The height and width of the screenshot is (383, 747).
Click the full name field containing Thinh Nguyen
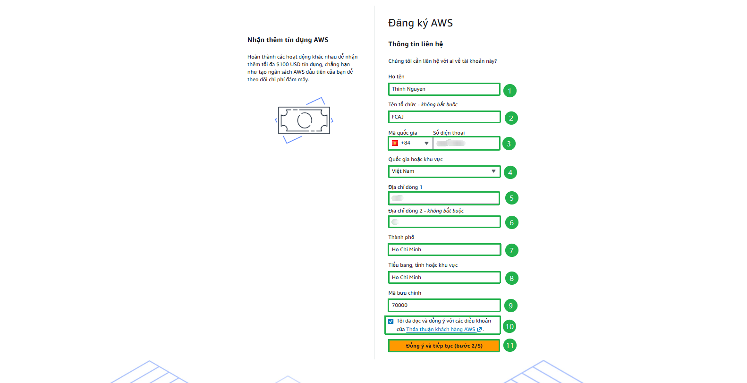[443, 89]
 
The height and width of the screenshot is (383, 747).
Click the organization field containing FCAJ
[443, 117]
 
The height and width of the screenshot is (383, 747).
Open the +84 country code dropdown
[410, 143]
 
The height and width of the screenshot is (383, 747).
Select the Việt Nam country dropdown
[443, 171]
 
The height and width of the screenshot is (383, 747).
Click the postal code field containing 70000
[443, 306]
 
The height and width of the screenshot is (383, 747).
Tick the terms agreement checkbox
[391, 322]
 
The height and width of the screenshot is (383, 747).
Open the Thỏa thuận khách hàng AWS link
[441, 330]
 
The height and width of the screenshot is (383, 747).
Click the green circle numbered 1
[509, 91]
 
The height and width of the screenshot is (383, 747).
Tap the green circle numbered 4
[510, 172]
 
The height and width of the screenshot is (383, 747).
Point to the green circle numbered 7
[511, 250]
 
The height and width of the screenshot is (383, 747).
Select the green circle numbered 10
[509, 326]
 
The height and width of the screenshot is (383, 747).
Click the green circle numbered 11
[509, 345]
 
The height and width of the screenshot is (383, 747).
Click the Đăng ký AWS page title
[420, 23]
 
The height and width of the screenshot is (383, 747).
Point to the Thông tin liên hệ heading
[416, 44]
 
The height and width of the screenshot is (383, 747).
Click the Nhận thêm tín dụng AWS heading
[288, 40]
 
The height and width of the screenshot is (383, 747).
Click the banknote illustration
[304, 120]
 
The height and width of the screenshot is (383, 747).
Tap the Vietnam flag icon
[395, 143]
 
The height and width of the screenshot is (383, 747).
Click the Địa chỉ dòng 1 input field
[443, 198]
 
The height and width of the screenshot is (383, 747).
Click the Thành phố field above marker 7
[443, 249]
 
